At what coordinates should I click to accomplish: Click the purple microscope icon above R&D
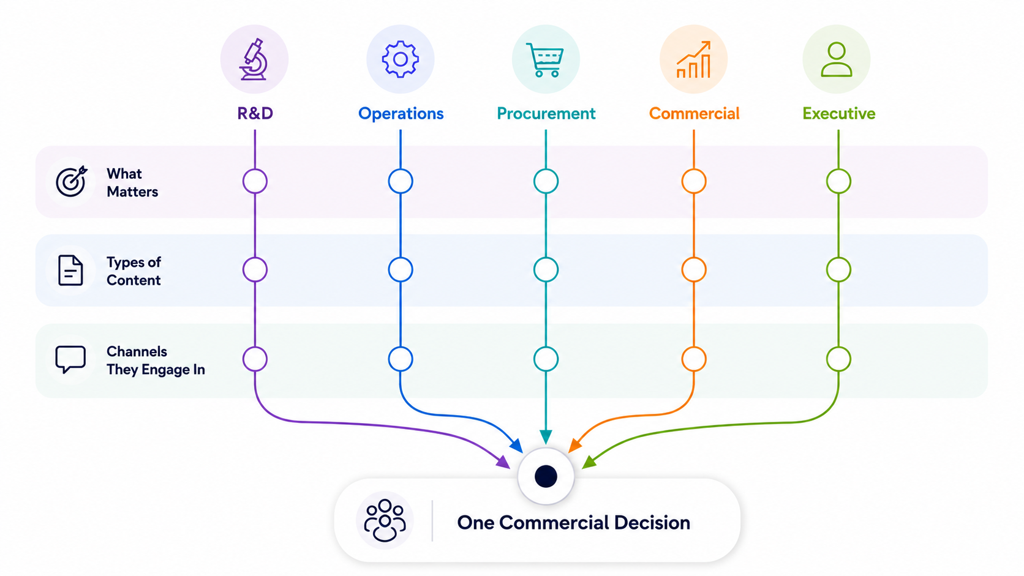point(254,59)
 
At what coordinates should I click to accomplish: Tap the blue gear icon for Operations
point(401,59)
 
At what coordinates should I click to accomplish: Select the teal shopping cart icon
point(545,60)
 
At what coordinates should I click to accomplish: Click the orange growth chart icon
point(693,59)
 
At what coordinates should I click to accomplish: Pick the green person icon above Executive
point(837,59)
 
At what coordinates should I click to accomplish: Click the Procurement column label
point(546,113)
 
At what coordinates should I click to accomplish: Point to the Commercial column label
point(694,113)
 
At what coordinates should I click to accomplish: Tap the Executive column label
point(839,113)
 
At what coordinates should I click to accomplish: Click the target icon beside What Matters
point(71,181)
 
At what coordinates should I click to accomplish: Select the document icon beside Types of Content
point(70,271)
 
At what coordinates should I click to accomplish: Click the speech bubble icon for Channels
point(70,359)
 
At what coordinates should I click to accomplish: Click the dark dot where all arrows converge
point(546,476)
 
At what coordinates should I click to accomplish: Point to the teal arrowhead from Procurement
point(546,436)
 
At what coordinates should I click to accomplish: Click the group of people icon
point(385,520)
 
